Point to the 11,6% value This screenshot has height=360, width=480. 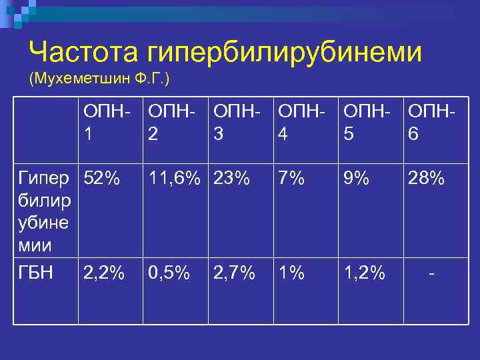pyautogui.click(x=174, y=179)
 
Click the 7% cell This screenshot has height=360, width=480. pyautogui.click(x=291, y=179)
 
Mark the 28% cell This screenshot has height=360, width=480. pyautogui.click(x=425, y=179)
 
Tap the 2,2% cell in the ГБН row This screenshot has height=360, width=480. pyautogui.click(x=104, y=273)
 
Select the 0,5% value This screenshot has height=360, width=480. pyautogui.click(x=169, y=273)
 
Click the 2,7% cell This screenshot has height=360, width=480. pyautogui.click(x=235, y=273)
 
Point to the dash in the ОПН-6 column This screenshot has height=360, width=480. pyautogui.click(x=434, y=273)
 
